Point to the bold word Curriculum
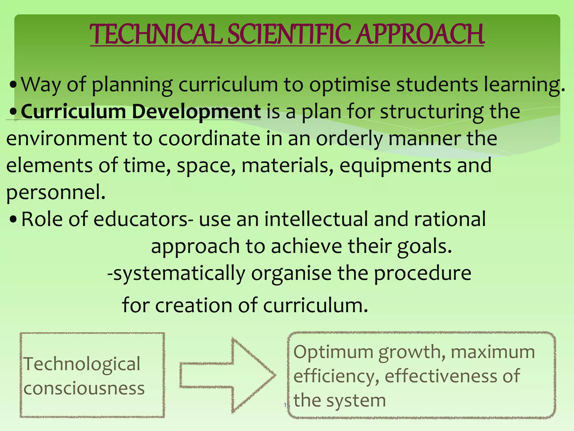pos(73,112)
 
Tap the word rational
pos(450,219)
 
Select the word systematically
pos(176,274)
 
